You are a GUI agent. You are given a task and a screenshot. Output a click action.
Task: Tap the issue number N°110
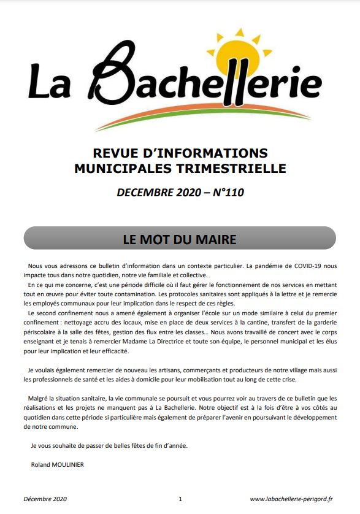[226, 193]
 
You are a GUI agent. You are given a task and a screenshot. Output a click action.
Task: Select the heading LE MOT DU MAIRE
[180, 238]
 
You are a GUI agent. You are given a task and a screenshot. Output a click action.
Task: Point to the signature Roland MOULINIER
[58, 464]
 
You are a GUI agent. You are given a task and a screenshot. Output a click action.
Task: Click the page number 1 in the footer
[180, 499]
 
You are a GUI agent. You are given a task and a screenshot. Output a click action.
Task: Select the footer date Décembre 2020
[45, 499]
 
